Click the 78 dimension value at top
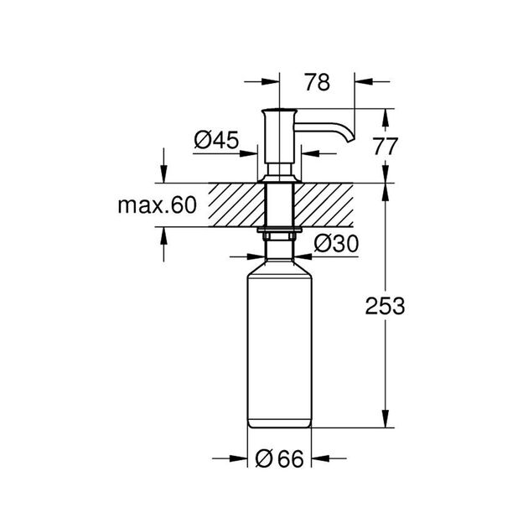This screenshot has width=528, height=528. pyautogui.click(x=316, y=82)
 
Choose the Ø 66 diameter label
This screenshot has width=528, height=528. pyautogui.click(x=277, y=458)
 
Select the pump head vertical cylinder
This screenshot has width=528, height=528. pyautogui.click(x=277, y=138)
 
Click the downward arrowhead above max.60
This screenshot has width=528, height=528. pyautogui.click(x=163, y=175)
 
